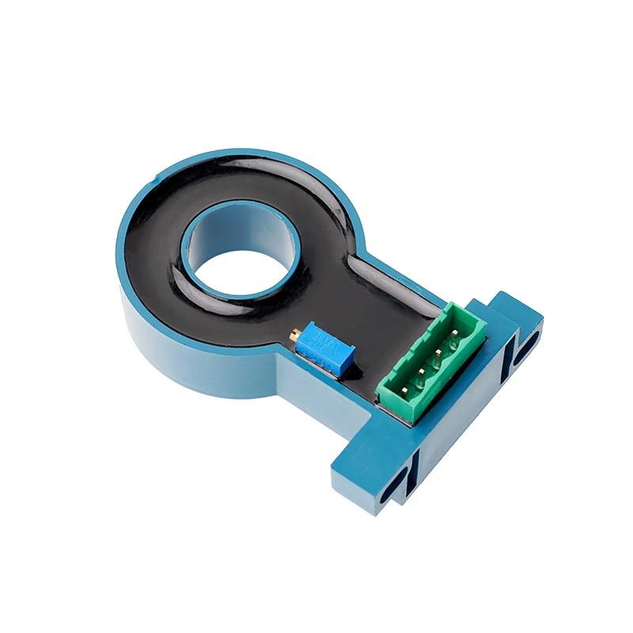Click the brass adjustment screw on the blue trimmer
[x=294, y=335]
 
